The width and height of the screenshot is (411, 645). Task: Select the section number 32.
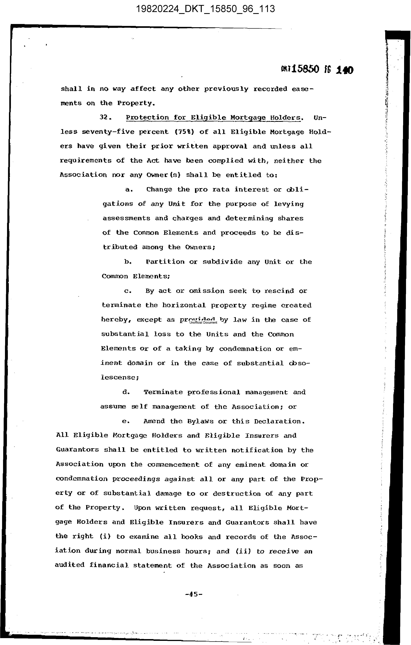point(104,117)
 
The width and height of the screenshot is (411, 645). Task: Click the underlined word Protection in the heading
point(147,118)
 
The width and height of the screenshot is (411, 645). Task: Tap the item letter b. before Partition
point(128,262)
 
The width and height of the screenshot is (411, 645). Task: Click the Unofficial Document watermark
point(203,322)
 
